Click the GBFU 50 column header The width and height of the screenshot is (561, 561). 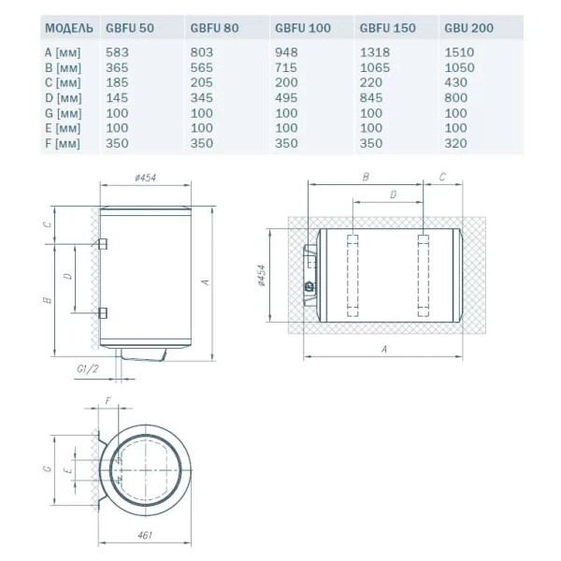point(130,28)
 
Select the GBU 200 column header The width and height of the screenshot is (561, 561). point(468,28)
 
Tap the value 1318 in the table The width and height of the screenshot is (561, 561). point(375,52)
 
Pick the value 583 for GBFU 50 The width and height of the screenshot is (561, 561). point(117,52)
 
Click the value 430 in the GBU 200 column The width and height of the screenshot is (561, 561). point(455,82)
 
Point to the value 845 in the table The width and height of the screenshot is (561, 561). point(371,97)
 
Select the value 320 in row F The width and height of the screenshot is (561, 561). point(455,143)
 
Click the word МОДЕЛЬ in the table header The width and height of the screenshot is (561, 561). point(69,28)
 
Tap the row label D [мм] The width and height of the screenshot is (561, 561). point(63,98)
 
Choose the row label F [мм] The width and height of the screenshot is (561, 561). point(63,144)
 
